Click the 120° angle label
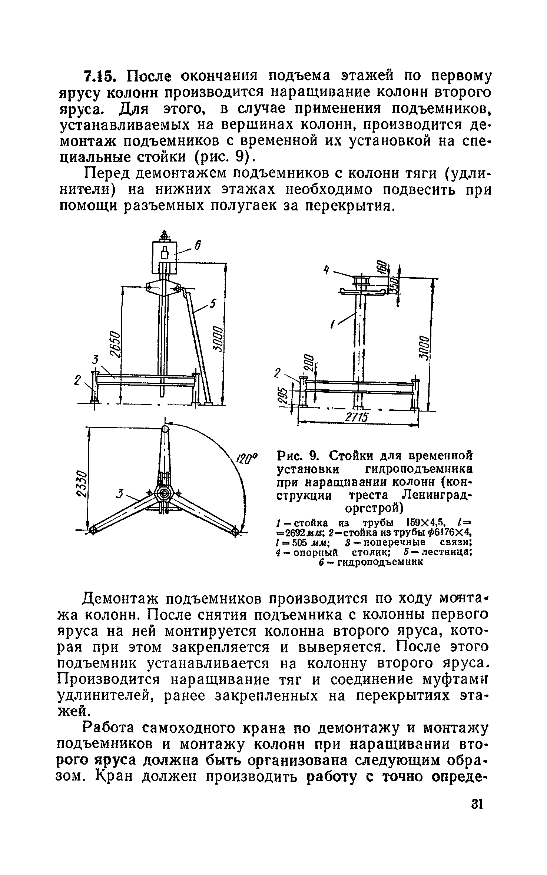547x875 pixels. point(244,461)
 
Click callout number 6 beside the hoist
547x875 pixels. point(198,245)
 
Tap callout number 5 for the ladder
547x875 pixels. point(212,304)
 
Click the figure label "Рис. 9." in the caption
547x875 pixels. point(298,455)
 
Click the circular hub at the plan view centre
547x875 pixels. point(164,494)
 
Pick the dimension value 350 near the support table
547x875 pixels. point(394,286)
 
